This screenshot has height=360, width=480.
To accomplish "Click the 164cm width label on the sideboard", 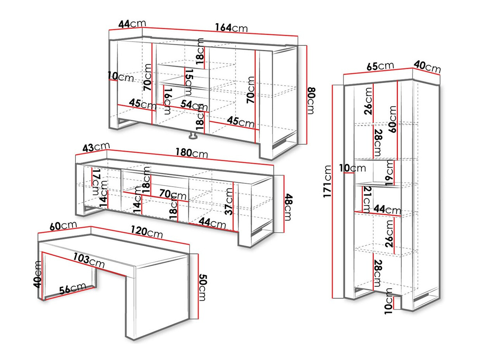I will click(x=231, y=28).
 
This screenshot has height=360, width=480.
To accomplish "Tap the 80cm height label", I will click(x=311, y=100).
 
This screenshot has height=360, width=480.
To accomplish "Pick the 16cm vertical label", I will click(x=168, y=101).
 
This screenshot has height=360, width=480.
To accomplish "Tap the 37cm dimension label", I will click(x=230, y=201).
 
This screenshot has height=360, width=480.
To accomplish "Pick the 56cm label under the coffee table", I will click(x=73, y=289).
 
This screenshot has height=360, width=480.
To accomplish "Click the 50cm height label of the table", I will click(x=203, y=287).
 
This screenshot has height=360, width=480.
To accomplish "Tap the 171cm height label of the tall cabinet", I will click(x=328, y=181).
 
